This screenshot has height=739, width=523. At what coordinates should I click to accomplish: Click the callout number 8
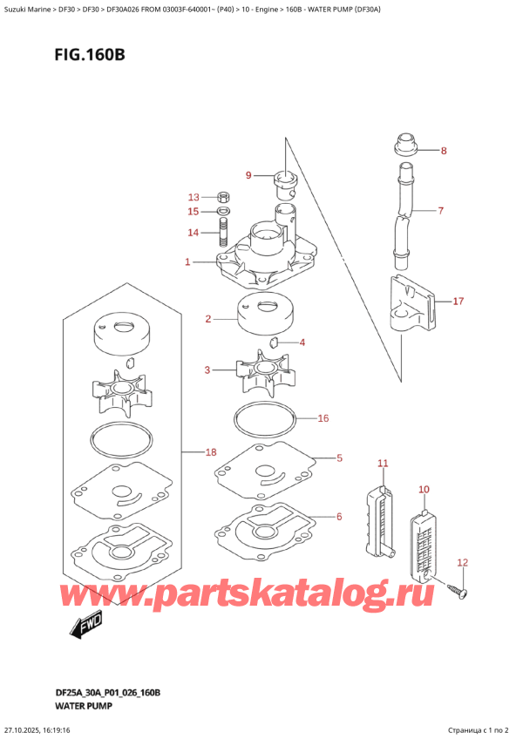[444, 151]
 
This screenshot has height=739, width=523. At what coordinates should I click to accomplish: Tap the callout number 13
[194, 197]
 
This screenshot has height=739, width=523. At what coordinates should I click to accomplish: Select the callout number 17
[458, 301]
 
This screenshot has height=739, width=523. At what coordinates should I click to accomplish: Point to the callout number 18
[210, 452]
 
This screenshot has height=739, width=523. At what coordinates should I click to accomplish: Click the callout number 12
[462, 562]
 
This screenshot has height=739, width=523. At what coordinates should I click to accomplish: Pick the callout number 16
[323, 418]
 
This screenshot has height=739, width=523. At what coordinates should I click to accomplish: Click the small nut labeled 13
[223, 196]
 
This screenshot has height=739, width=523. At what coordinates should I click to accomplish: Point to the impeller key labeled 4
[274, 342]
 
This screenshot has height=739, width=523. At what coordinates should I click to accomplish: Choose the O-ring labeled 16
[265, 418]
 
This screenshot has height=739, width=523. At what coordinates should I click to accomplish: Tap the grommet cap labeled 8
[405, 146]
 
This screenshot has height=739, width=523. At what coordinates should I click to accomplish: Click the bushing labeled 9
[285, 186]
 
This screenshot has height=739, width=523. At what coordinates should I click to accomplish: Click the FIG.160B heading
[90, 55]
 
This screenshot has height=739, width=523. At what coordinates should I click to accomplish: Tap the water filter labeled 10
[423, 546]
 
